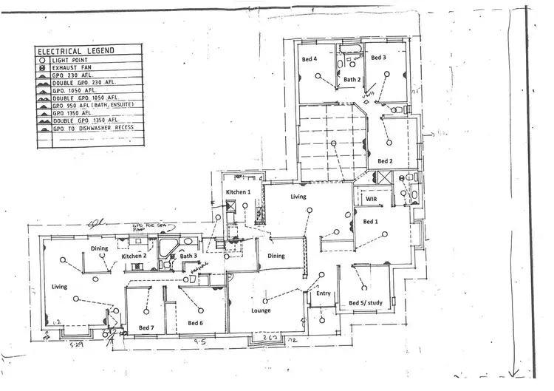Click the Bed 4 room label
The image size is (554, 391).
pyautogui.click(x=310, y=58)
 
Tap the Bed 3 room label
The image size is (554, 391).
pyautogui.click(x=378, y=58)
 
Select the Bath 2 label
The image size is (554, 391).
pyautogui.click(x=352, y=79)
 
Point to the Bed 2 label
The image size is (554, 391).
pyautogui.click(x=386, y=160)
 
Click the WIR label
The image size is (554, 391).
pyautogui.click(x=367, y=199)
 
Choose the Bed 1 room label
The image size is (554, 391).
pyautogui.click(x=370, y=221)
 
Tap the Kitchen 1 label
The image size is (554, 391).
pyautogui.click(x=239, y=192)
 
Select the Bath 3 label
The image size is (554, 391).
pyautogui.click(x=188, y=256)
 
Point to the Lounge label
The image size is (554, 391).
pyautogui.click(x=260, y=310)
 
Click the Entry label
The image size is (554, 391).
pyautogui.click(x=324, y=293)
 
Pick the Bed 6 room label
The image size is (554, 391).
pyautogui.click(x=195, y=323)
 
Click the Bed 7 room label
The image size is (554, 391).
pyautogui.click(x=146, y=326)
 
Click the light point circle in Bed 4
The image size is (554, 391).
pyautogui.click(x=318, y=76)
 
